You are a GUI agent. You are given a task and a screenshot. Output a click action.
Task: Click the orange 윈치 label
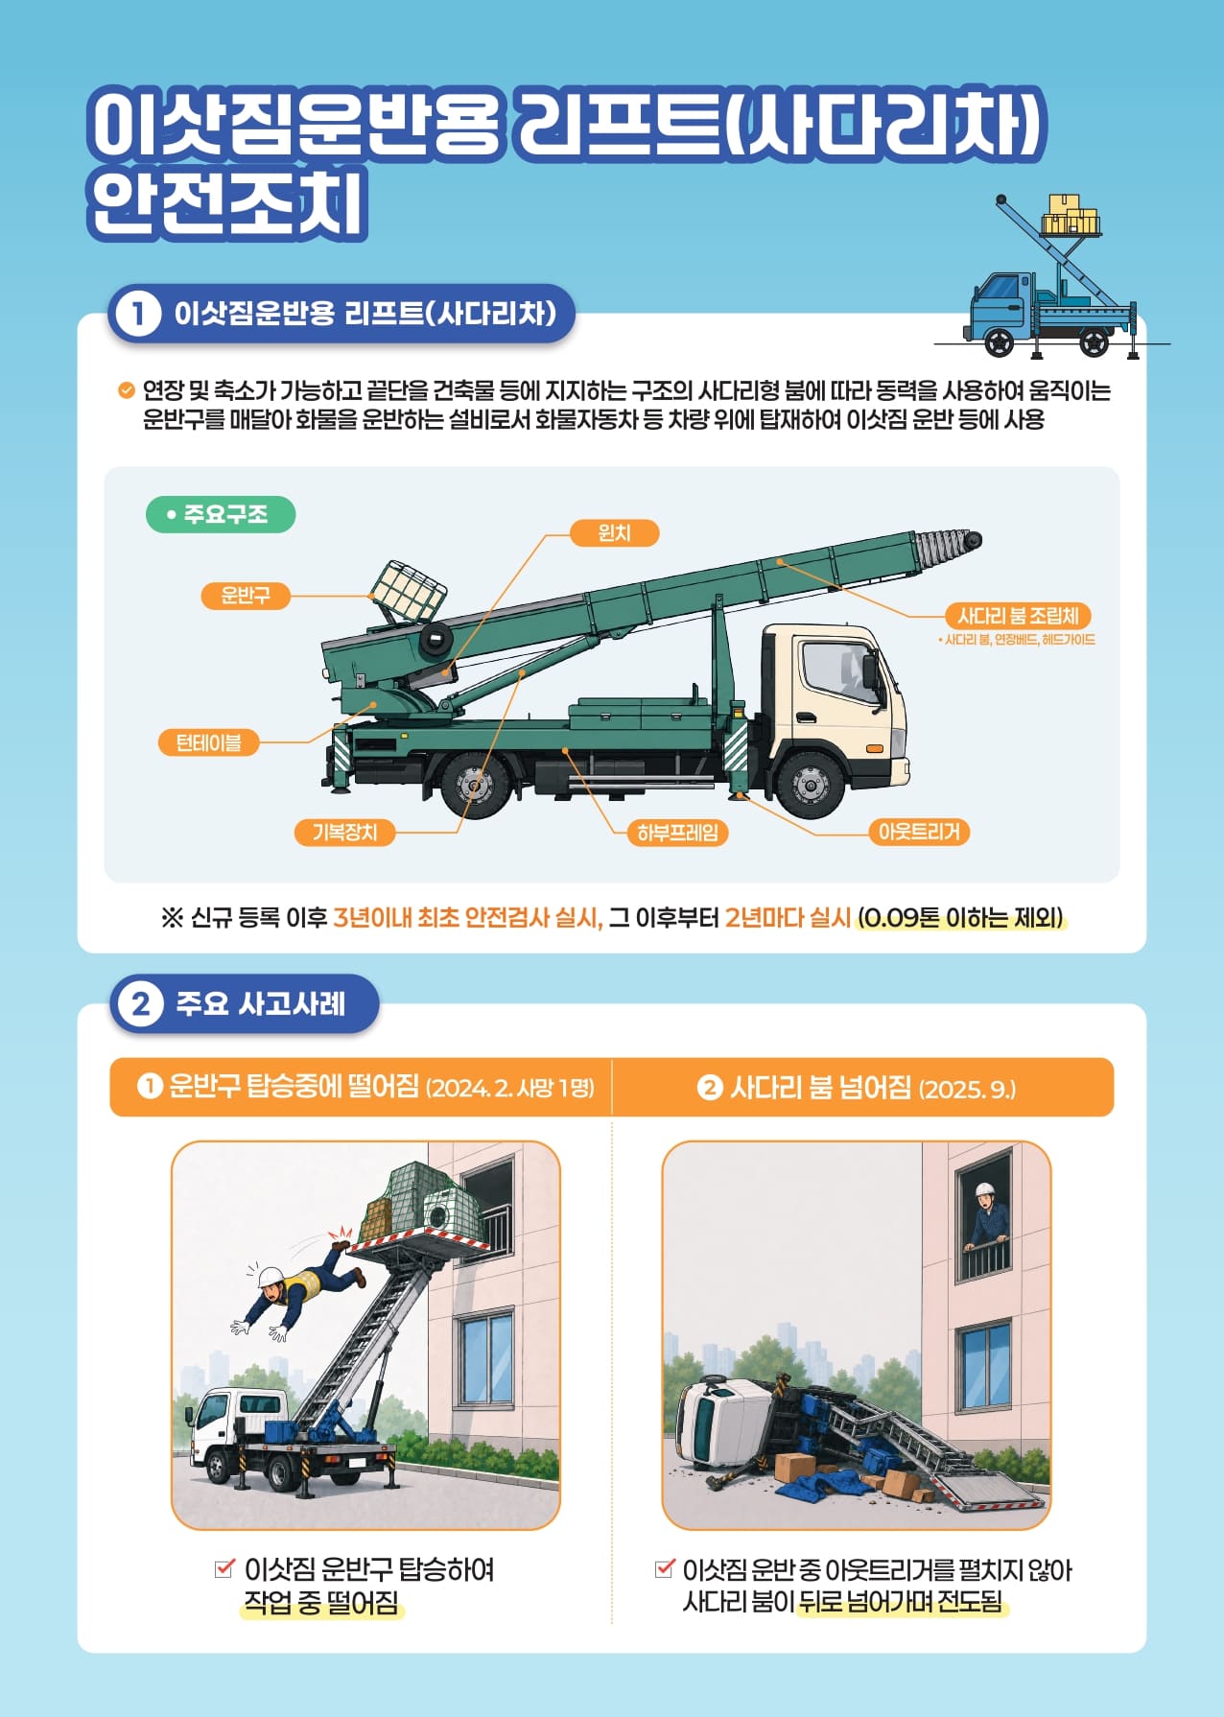tap(614, 532)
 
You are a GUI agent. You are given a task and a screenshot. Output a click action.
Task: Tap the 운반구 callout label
tap(246, 596)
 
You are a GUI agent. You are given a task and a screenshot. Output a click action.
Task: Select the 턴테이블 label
tap(208, 742)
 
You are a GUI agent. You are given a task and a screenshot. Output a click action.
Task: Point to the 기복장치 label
tap(344, 832)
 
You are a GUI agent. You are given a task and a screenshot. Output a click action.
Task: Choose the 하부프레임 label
tap(677, 832)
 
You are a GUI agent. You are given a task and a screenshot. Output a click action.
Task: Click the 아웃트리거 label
tap(919, 831)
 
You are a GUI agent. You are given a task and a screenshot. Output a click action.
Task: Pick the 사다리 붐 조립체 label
tap(1018, 615)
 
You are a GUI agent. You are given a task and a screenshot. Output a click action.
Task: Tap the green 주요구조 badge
tap(221, 514)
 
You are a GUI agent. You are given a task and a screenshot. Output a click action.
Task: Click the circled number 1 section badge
tap(138, 314)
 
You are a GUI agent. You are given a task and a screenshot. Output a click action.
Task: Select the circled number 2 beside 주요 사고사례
tap(141, 1004)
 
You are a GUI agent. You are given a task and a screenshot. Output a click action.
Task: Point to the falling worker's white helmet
tap(271, 1278)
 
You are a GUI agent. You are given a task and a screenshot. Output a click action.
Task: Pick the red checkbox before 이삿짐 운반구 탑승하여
tap(224, 1569)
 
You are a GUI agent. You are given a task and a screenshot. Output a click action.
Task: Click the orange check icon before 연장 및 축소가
tap(126, 390)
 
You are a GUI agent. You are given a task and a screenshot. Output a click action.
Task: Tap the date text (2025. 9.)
tap(967, 1089)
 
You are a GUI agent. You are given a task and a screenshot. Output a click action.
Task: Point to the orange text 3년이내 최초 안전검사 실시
tap(467, 918)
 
